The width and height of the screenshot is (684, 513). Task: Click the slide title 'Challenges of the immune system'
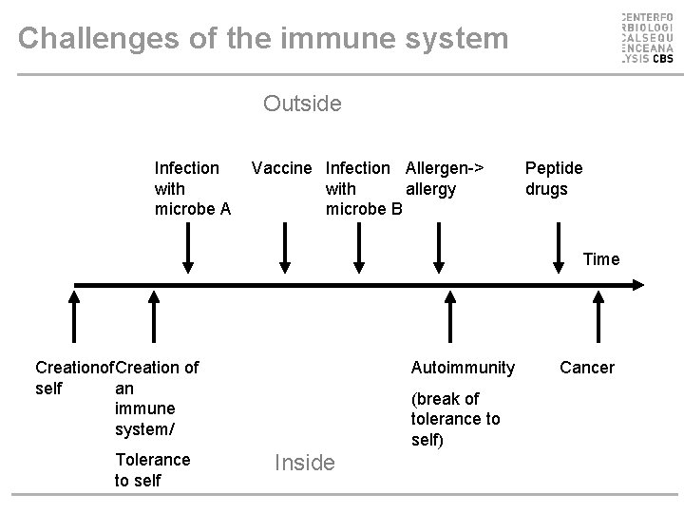pos(263,39)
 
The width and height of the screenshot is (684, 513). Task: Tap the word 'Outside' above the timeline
pos(303,103)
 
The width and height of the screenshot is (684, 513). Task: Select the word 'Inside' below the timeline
pos(304,463)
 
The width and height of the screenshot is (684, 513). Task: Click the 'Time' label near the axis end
pos(600,258)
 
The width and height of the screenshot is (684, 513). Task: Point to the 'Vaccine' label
pos(281,168)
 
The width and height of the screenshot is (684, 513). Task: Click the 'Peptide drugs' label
pos(554,178)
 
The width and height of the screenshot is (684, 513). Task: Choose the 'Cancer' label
pos(587,367)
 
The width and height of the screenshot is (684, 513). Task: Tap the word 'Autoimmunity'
pos(463,367)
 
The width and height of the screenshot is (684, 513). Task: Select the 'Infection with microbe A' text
pos(192,188)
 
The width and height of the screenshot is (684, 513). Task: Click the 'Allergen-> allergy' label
pos(444,178)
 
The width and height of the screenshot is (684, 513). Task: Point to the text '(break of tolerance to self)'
pos(455,419)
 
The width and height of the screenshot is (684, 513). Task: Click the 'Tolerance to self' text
pos(152,469)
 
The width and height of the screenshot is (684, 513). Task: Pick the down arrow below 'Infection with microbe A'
pos(188,250)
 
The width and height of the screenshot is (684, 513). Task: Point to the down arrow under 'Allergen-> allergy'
pos(440,250)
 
